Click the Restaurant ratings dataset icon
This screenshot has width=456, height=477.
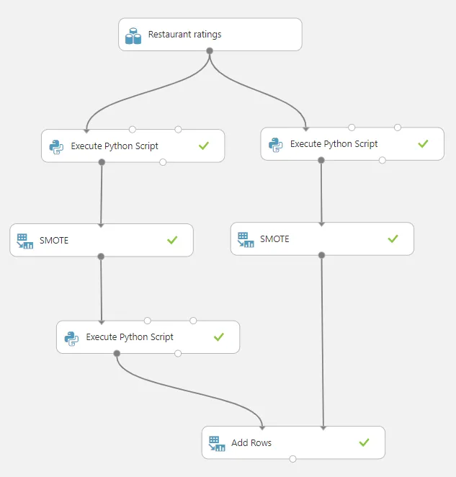(133, 36)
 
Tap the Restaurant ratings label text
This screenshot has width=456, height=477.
(184, 35)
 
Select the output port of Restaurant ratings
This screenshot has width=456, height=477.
(210, 50)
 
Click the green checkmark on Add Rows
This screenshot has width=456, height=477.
(364, 442)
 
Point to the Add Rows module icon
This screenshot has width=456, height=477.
(217, 444)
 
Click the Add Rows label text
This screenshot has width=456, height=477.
(251, 442)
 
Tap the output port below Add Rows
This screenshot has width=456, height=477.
(292, 459)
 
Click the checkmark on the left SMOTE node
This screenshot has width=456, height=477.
(172, 240)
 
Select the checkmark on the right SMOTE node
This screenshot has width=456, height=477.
(393, 239)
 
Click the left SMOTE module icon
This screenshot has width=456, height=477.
(25, 241)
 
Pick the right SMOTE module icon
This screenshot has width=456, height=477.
(246, 240)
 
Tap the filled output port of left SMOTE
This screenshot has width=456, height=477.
(101, 257)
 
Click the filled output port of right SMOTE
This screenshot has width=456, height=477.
(321, 255)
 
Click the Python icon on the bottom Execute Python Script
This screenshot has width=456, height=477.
(71, 338)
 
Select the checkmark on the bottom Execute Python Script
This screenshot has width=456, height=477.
(219, 336)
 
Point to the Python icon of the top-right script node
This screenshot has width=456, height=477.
(276, 145)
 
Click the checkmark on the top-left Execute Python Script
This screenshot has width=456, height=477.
(204, 146)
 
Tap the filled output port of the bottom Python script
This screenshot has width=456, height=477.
(117, 353)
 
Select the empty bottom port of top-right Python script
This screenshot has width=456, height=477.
(383, 160)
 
